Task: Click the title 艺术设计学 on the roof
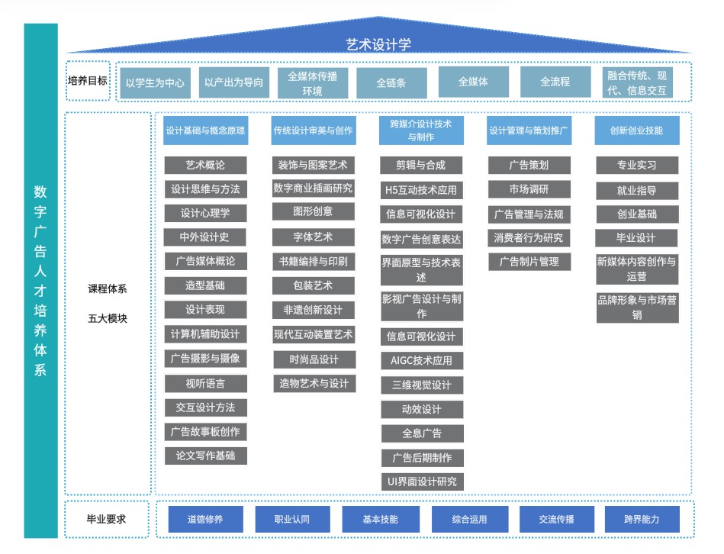378,44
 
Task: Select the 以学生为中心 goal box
155,82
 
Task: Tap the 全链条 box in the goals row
391,82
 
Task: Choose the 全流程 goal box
555,82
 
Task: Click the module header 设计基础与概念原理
205,130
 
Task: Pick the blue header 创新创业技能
636,130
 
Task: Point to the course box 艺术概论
205,165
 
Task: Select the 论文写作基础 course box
205,456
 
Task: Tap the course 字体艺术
313,237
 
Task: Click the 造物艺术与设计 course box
313,383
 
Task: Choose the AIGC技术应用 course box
421,360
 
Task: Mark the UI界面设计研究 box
421,482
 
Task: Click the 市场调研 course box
529,189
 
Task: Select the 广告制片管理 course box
529,262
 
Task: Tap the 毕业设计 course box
636,237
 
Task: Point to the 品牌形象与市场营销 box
636,307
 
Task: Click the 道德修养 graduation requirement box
205,520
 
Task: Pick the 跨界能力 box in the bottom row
642,520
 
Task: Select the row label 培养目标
88,81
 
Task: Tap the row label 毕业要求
106,520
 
